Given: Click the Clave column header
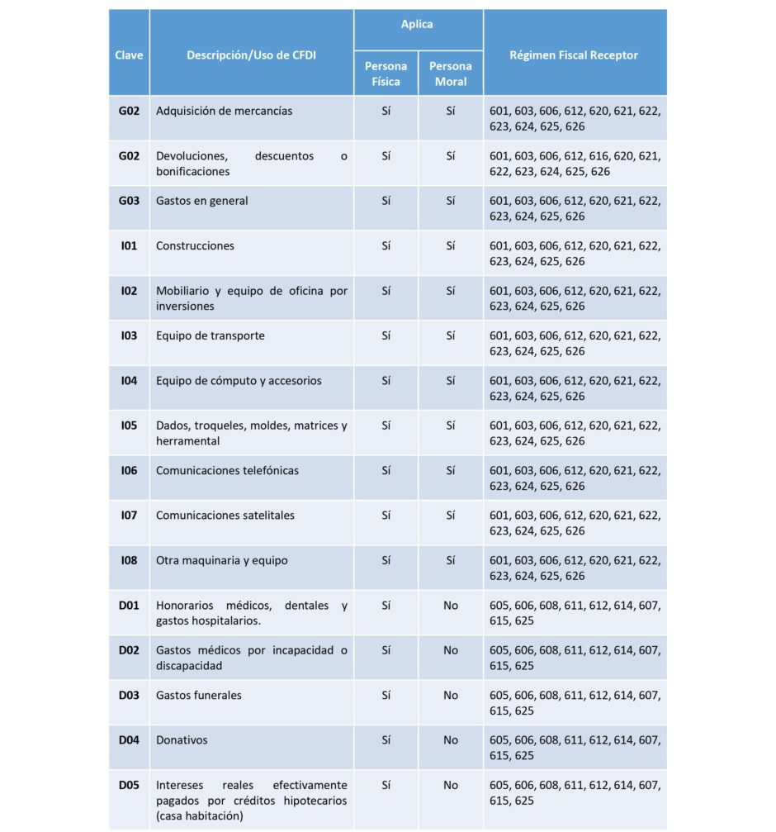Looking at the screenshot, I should pyautogui.click(x=129, y=55).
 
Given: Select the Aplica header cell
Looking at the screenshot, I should pyautogui.click(x=418, y=25).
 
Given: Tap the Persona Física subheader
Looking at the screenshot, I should pyautogui.click(x=386, y=74).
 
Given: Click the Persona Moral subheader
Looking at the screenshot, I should pyautogui.click(x=451, y=74).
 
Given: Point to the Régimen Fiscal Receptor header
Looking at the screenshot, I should pyautogui.click(x=575, y=55).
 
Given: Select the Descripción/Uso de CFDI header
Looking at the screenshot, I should pyautogui.click(x=251, y=55).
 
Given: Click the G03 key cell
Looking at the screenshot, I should pyautogui.click(x=129, y=201).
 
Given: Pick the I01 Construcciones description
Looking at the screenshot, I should pyautogui.click(x=195, y=245).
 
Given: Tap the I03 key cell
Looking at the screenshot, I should pyautogui.click(x=129, y=335).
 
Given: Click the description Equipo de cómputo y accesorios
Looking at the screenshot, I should pyautogui.click(x=239, y=381).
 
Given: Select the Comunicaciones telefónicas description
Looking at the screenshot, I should pyautogui.click(x=227, y=470).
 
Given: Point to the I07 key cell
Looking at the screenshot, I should pyautogui.click(x=129, y=515).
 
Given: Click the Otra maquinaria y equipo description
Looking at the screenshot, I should pyautogui.click(x=221, y=560).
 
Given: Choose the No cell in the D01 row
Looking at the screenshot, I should pyautogui.click(x=451, y=606).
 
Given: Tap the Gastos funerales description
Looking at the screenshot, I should pyautogui.click(x=199, y=695).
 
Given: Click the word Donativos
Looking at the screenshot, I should pyautogui.click(x=182, y=740).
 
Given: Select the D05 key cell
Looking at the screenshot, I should pyautogui.click(x=129, y=785).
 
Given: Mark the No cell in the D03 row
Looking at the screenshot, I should pyautogui.click(x=451, y=695).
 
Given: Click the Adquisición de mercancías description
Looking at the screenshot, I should pyautogui.click(x=224, y=111).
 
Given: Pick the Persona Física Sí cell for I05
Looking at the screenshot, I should pyautogui.click(x=386, y=426).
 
